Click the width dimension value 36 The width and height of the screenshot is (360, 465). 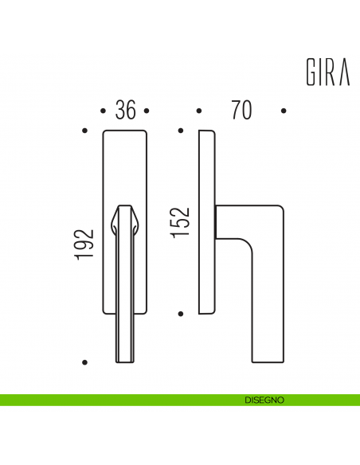(125, 110)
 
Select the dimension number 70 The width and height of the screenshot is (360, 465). (241, 110)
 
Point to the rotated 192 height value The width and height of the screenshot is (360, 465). (88, 244)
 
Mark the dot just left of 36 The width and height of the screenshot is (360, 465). (104, 111)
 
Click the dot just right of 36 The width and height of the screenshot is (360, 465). (147, 111)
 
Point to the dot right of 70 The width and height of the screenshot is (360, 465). (284, 111)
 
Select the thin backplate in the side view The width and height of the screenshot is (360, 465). (206, 223)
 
